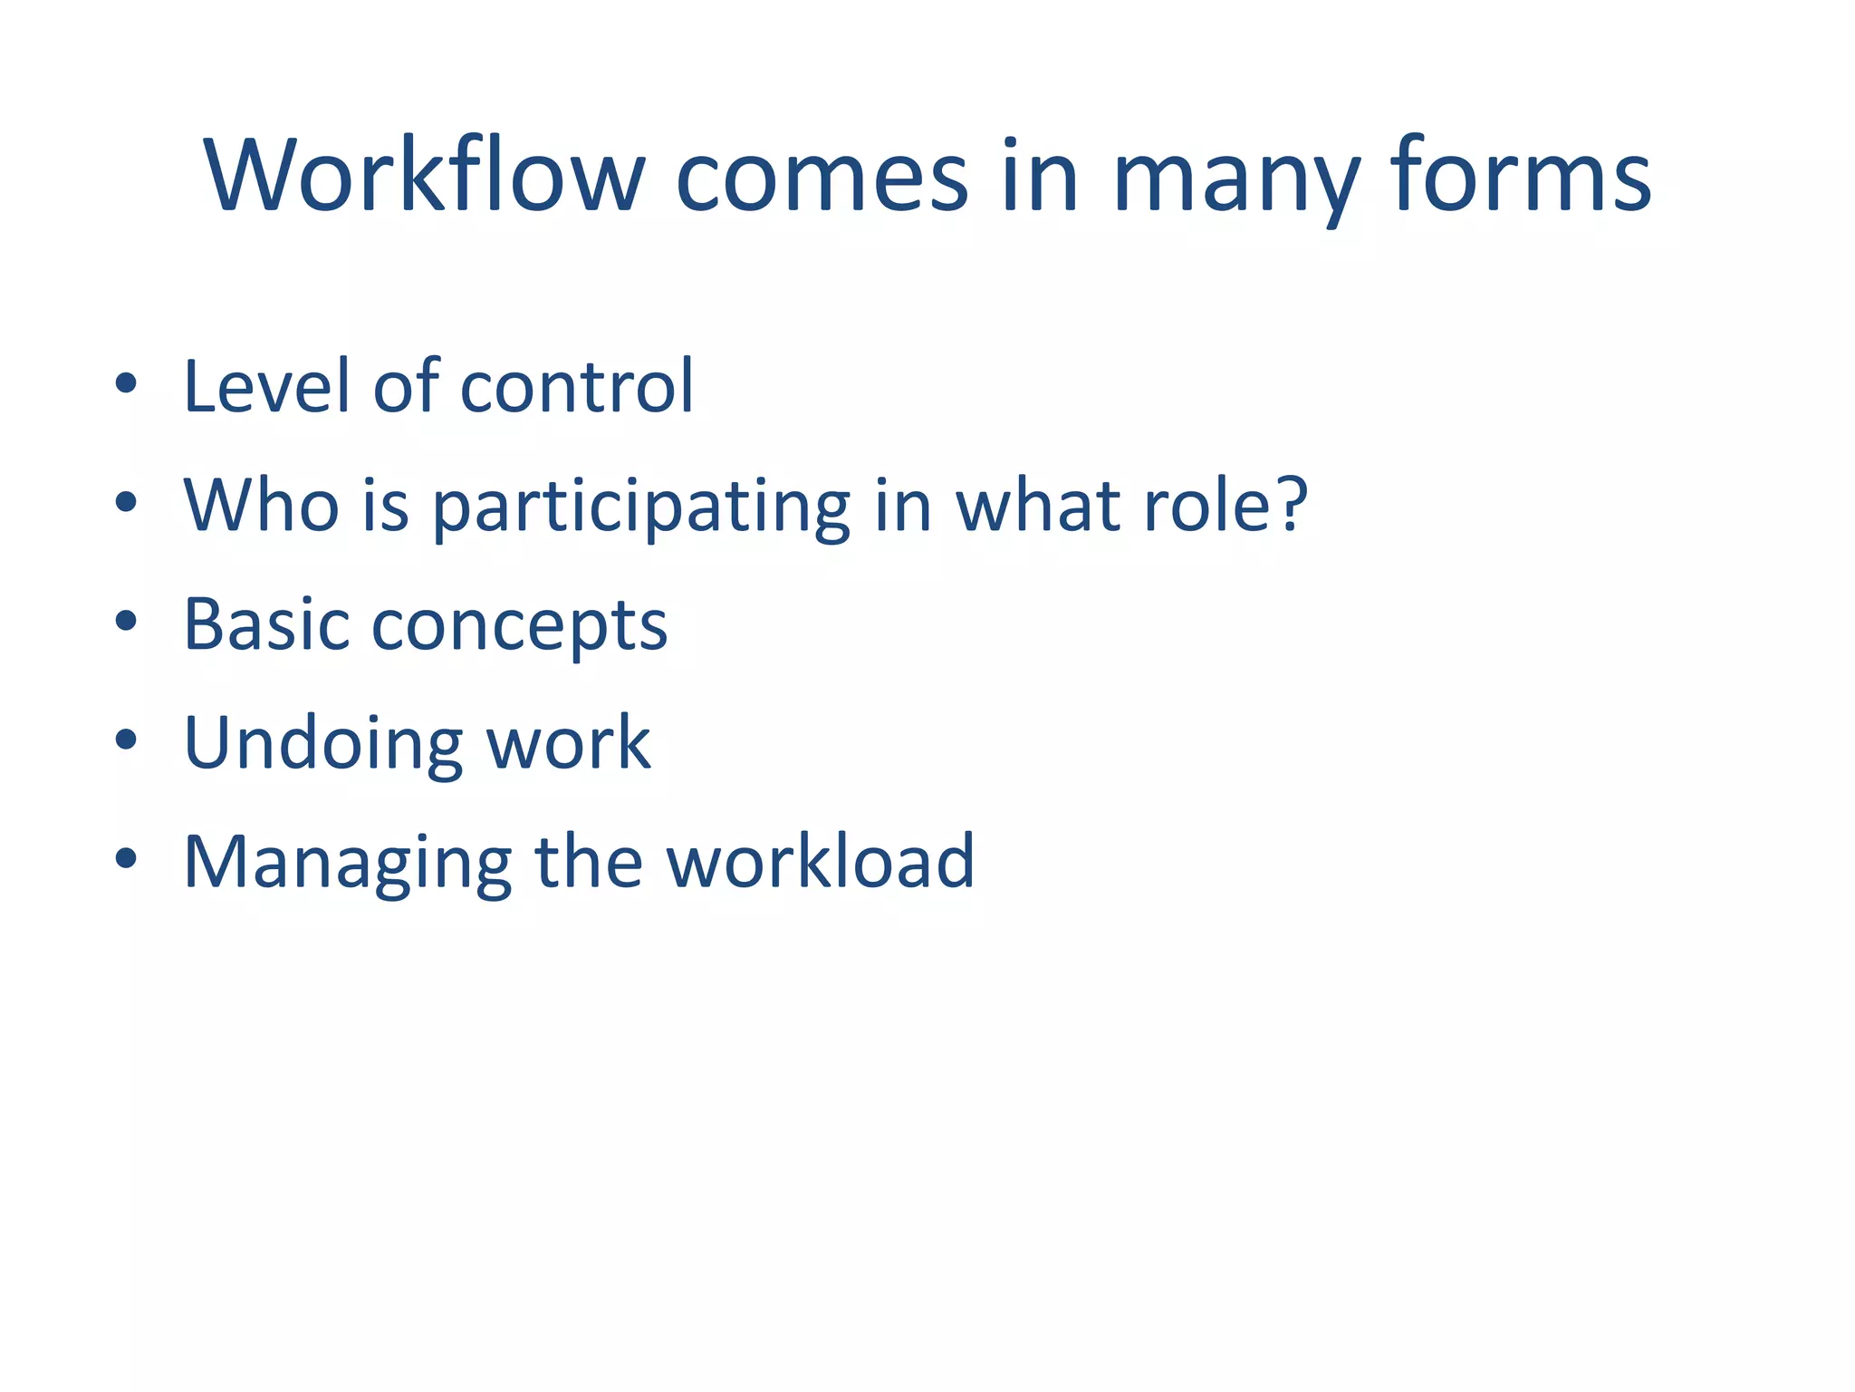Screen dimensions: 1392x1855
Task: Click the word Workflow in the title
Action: pos(424,177)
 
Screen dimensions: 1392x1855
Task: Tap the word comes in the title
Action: pos(822,177)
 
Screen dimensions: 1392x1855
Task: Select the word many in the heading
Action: pos(1236,181)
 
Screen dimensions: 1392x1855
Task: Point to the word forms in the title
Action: pos(1522,177)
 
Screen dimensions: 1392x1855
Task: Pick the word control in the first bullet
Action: pos(577,387)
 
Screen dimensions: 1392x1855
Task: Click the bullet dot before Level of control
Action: pos(126,383)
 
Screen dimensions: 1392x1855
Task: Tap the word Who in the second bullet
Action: pos(261,505)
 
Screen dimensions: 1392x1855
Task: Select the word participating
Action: pos(641,507)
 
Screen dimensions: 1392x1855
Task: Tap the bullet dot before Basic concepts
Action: pos(126,622)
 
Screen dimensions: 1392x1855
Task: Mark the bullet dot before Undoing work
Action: pos(126,740)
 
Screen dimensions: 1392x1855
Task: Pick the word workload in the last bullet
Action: pos(821,862)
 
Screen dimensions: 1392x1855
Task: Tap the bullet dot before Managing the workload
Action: pos(126,858)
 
